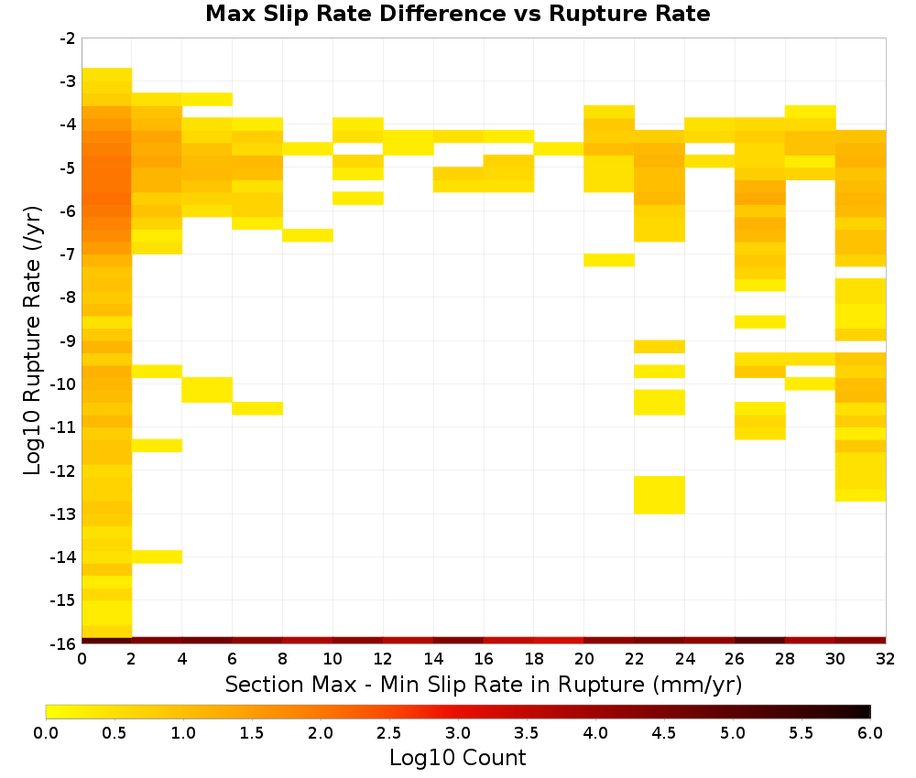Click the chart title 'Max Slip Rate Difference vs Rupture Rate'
457,14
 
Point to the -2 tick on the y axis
68,38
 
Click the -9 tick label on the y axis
68,340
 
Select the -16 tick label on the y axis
64,643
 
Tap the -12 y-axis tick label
64,471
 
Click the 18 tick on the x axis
534,659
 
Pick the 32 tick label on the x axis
886,659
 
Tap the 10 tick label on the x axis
333,659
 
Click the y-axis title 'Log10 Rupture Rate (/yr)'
33,340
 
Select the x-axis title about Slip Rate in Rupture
484,684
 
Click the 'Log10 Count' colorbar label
457,758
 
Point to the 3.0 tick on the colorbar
458,733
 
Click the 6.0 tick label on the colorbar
870,733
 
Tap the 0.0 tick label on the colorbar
46,733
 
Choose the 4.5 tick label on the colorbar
664,733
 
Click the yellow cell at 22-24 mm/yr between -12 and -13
660,495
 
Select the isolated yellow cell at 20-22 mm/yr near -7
609,260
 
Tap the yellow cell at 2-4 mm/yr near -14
158,556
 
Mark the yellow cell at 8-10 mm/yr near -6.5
308,235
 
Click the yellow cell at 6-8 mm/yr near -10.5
257,408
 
